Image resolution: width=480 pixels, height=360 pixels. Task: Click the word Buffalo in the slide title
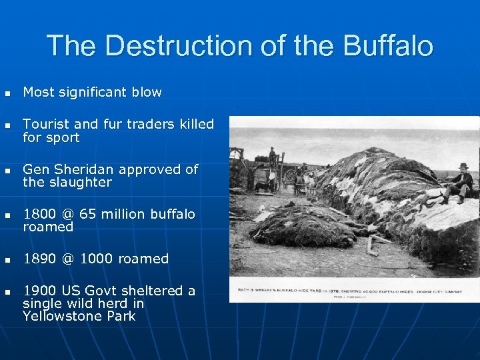pos(388,46)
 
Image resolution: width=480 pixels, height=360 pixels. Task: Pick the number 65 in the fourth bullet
pos(88,214)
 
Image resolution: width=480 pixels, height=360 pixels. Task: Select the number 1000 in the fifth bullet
pos(97,259)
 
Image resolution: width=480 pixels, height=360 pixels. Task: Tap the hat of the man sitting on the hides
pos(463,166)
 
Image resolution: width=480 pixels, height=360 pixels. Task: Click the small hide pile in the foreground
pos(303,227)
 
